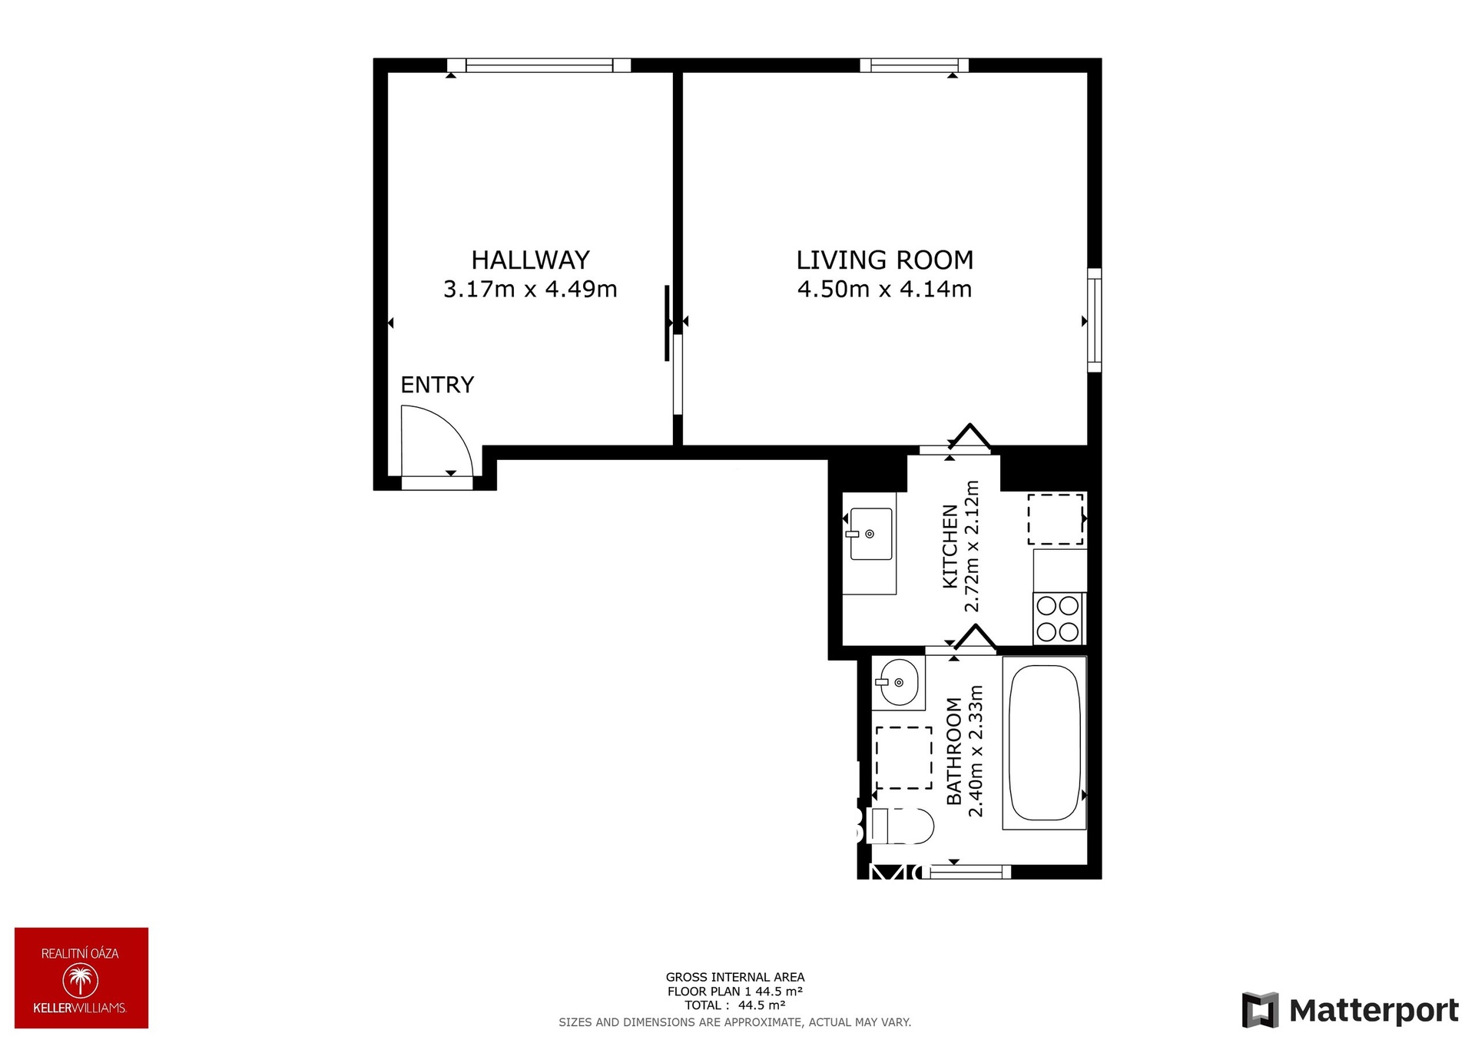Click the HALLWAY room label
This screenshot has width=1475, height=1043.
point(530,260)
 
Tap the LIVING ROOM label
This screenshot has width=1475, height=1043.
point(884,260)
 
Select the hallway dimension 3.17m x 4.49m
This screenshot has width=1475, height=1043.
point(530,290)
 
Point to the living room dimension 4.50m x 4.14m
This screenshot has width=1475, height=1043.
point(884,290)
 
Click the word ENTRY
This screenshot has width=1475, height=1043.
point(437,385)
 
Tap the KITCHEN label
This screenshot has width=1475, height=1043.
point(950,546)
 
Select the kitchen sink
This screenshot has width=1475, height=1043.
point(870,534)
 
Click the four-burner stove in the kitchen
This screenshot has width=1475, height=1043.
point(1058,619)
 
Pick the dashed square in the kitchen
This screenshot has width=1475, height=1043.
point(1055,519)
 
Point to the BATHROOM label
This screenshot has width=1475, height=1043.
point(954,751)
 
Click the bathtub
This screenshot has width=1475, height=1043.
point(1044,743)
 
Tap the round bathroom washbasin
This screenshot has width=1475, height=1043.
point(898,682)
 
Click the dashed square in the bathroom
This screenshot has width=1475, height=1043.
point(903,757)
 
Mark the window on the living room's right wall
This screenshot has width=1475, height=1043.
point(1094,320)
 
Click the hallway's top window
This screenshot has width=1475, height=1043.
point(539,65)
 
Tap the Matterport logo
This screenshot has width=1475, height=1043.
point(1350,1010)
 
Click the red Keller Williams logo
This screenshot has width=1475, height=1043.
point(81,978)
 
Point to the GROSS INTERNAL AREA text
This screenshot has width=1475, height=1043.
point(735,978)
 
